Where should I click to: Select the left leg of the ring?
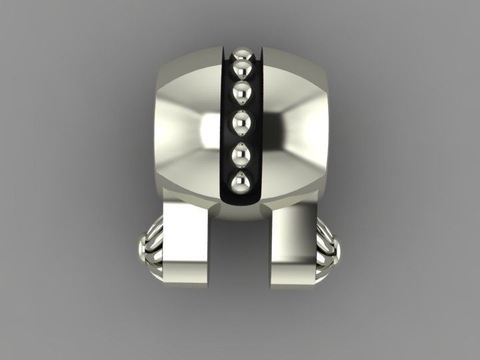coord(188,247)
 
